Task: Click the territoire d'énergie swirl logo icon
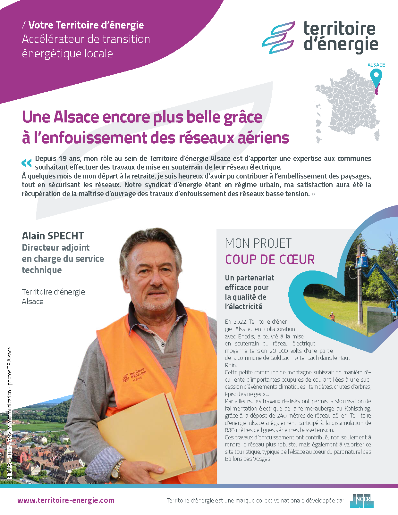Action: pos(278,37)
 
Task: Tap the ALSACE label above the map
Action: pos(376,65)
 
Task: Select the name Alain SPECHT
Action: pos(53,236)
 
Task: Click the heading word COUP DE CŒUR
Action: pos(270,259)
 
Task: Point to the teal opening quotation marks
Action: pos(27,163)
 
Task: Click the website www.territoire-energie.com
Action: pos(66,500)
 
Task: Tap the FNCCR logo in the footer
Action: pos(361,501)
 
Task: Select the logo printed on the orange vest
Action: pos(135,375)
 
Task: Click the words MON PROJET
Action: pos(258,243)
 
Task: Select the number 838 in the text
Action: pos(230,430)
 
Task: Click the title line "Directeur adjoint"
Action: pos(56,248)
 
